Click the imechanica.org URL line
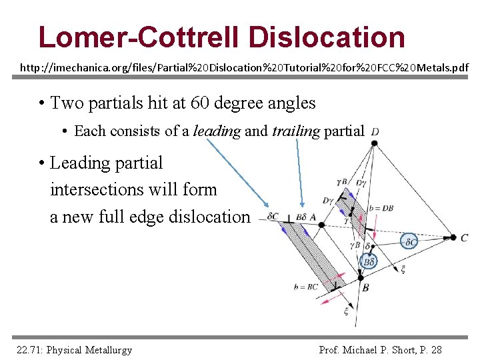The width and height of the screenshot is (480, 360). pos(244,68)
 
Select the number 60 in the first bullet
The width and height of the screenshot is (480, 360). pos(200,103)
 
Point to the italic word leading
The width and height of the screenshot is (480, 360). pos(216,131)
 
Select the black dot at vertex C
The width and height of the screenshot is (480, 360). pos(453,237)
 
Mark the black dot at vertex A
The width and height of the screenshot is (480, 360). pos(321,225)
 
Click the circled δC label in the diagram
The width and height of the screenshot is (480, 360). pos(410,241)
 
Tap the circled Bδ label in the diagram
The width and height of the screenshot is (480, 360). pos(369,262)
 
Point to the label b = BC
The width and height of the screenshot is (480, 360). pos(305,287)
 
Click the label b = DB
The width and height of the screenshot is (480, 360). pos(381,209)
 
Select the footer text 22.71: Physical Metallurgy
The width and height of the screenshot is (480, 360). pos(73,350)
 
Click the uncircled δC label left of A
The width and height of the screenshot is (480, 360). pos(273,217)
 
